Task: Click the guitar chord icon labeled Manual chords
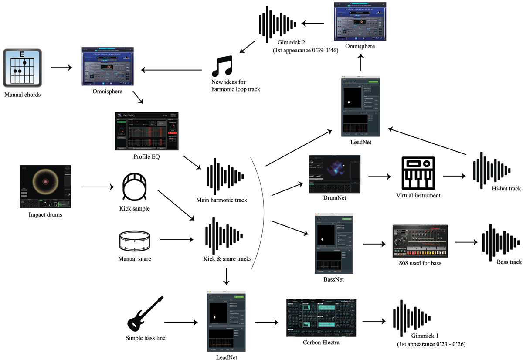(23, 68)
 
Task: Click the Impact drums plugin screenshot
(45, 186)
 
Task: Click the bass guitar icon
(145, 313)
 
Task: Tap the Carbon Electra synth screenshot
(321, 318)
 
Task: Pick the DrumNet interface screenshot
(334, 173)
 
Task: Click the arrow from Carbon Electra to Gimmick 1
(374, 322)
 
